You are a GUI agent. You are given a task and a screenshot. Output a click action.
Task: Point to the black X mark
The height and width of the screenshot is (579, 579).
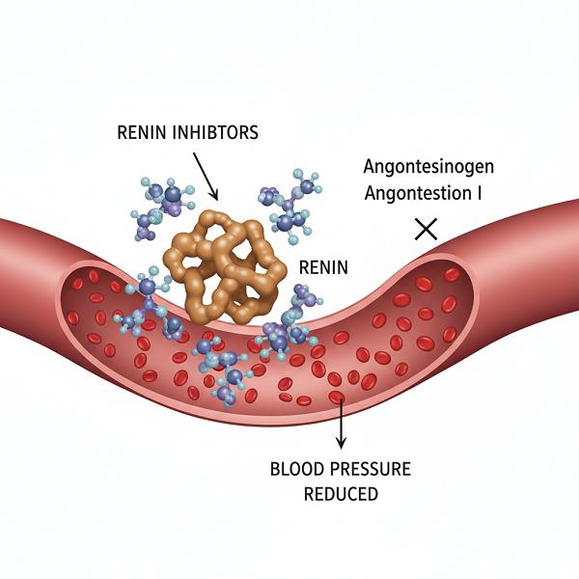(x=425, y=229)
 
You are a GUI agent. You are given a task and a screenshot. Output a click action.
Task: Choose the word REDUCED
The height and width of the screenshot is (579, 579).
(x=340, y=494)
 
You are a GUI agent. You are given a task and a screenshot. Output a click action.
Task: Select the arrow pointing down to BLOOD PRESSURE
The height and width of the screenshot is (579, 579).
(x=340, y=425)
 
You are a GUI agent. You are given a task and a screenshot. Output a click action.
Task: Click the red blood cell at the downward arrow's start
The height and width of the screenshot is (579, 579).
(x=337, y=397)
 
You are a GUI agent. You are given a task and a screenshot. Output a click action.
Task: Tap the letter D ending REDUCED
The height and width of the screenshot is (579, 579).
(x=372, y=494)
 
